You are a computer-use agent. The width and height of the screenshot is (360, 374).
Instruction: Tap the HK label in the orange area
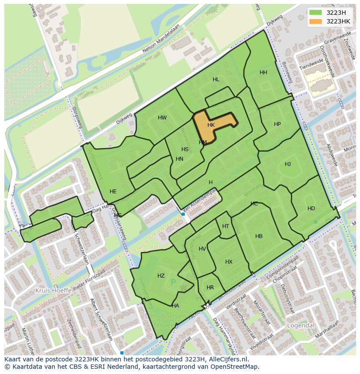(x=211, y=125)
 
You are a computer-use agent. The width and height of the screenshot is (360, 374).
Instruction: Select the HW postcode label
(x=162, y=118)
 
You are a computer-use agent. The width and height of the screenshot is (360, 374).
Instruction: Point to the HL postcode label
(x=216, y=79)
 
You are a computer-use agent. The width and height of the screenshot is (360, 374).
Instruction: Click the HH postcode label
(x=263, y=73)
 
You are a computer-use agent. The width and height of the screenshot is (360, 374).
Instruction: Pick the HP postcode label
(x=277, y=124)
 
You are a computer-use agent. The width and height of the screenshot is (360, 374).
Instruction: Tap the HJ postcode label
(x=288, y=164)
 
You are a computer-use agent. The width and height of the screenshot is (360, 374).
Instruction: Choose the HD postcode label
(x=311, y=209)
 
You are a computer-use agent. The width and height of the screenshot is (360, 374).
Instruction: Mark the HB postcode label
(x=259, y=236)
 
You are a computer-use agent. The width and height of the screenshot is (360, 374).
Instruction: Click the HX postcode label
(x=229, y=262)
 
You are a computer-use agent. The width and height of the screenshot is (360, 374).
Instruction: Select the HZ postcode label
(x=161, y=276)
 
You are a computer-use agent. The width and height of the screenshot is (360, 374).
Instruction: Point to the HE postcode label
(x=113, y=192)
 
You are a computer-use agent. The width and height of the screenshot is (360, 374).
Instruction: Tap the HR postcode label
(x=210, y=288)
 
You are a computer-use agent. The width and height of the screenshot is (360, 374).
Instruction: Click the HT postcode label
(x=226, y=226)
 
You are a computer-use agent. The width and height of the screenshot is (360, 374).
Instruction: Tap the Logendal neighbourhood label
(x=300, y=325)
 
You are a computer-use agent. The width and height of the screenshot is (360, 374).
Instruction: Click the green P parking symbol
(x=173, y=283)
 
